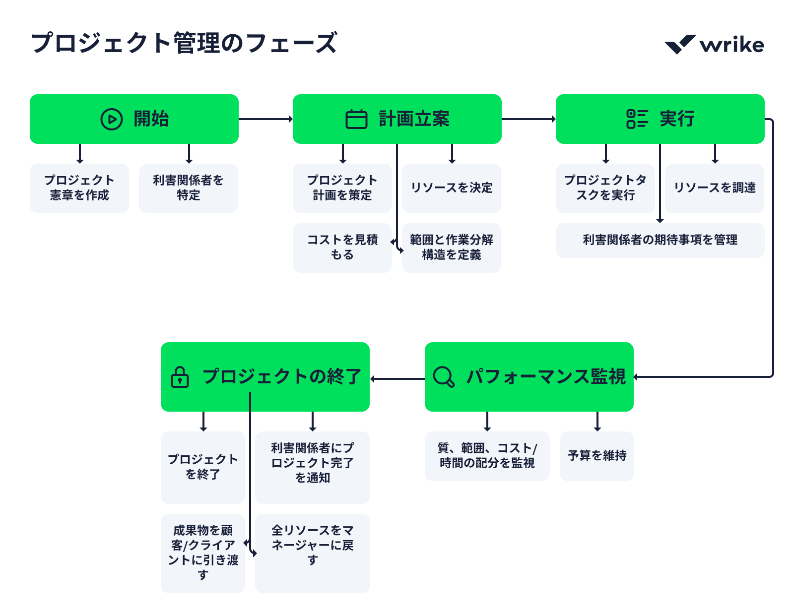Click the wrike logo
[714, 45]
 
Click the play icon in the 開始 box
[112, 119]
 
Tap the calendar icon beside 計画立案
[356, 119]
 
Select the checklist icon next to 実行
[637, 119]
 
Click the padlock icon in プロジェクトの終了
[180, 377]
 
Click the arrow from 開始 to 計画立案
[265, 119]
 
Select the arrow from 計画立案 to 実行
[529, 119]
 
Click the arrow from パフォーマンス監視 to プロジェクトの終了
[397, 379]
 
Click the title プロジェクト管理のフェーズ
[184, 43]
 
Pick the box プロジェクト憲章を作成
[79, 188]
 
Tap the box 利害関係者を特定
[189, 188]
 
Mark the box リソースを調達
[715, 188]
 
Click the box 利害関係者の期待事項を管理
[660, 240]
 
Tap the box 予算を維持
[597, 456]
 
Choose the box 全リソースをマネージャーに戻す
[313, 553]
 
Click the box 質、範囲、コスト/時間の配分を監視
[487, 456]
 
